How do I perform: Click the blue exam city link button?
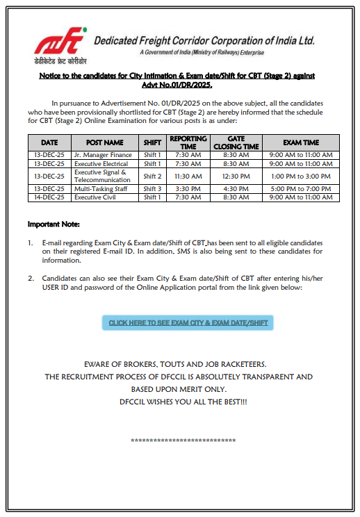(x=188, y=322)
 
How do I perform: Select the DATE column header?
(x=49, y=142)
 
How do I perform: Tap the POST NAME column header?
(x=104, y=142)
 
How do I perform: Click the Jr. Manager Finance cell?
(x=103, y=155)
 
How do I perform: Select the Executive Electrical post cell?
(x=101, y=163)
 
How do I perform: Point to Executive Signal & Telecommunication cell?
(x=101, y=176)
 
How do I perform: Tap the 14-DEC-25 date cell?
(x=49, y=197)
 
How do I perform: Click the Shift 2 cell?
(x=152, y=177)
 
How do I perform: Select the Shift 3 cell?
(x=152, y=189)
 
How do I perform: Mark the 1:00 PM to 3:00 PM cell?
(x=301, y=177)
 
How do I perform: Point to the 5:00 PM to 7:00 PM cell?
(x=301, y=189)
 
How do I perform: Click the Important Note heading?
(x=54, y=224)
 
